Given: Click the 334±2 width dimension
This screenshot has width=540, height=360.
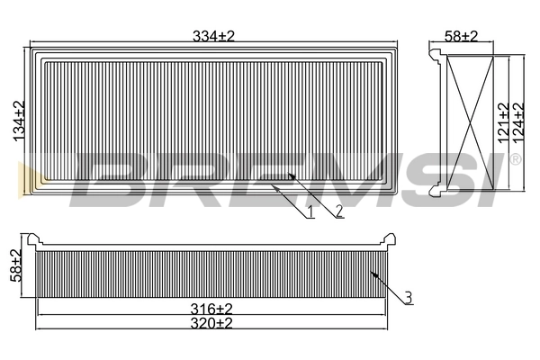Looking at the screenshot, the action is [213, 36].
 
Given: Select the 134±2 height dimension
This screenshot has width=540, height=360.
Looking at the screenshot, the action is [19, 121].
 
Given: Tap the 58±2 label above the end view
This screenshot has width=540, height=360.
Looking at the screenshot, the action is [461, 36].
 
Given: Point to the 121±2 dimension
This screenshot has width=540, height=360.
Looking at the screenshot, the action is [503, 122].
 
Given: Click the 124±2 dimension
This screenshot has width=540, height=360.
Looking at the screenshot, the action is [518, 122].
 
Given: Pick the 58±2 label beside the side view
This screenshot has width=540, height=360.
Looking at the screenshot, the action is [16, 265].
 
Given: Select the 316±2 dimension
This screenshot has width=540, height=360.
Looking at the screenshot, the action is [211, 309].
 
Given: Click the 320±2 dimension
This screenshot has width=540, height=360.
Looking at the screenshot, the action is [211, 323].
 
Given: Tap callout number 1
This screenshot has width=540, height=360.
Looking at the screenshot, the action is [310, 211].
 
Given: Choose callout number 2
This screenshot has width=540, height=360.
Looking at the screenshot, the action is [339, 211].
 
